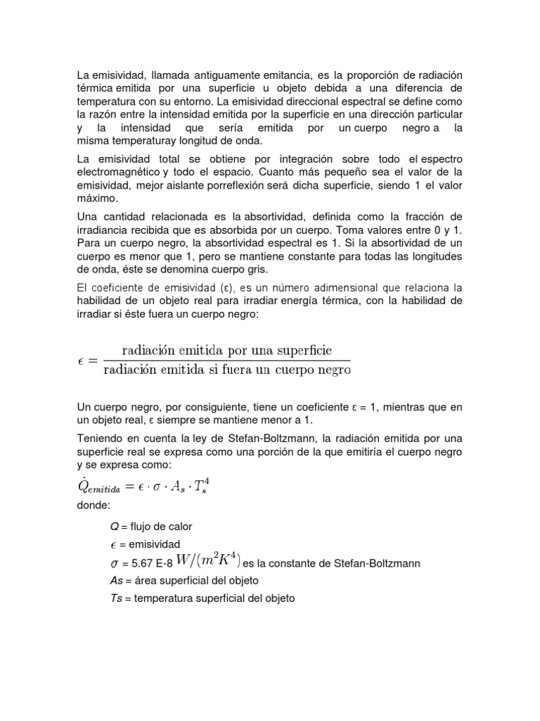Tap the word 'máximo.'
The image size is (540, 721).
coord(97,199)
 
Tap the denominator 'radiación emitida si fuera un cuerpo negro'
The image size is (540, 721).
coord(226,370)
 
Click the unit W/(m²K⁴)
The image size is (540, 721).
coord(209,560)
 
